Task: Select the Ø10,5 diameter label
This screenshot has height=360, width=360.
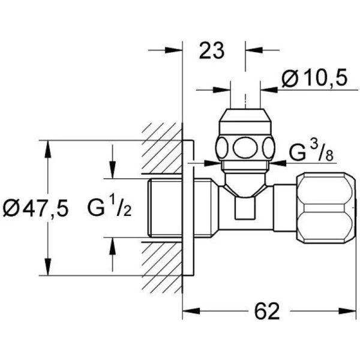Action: (314, 78)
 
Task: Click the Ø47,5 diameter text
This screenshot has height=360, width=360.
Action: (35, 208)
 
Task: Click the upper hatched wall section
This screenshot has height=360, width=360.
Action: (161, 150)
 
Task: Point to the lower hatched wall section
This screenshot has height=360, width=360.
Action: (161, 264)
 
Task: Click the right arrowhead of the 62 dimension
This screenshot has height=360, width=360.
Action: (352, 311)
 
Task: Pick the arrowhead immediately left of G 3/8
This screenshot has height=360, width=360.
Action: (274, 163)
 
